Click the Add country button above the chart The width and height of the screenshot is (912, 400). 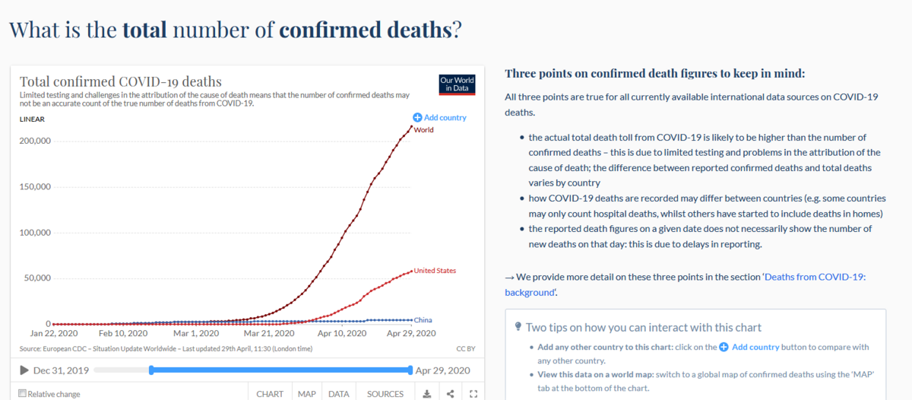tap(440, 118)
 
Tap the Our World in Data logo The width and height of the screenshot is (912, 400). tap(457, 84)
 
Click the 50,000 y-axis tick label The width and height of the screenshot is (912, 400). tap(36, 278)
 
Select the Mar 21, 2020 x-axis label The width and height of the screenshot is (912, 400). tap(269, 333)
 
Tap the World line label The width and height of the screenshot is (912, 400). tap(423, 130)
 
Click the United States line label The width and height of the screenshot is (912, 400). tap(435, 271)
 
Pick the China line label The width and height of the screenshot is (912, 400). tap(423, 320)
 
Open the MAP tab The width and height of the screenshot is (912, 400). tap(307, 394)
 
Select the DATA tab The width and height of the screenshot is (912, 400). tap(339, 394)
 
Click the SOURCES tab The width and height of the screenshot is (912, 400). tap(385, 394)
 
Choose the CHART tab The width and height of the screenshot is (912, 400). tap(270, 394)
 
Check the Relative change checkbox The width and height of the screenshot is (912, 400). tap(22, 394)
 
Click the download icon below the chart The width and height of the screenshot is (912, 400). tap(426, 394)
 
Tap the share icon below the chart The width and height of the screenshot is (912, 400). tap(450, 394)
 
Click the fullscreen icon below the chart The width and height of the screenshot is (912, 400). tap(473, 394)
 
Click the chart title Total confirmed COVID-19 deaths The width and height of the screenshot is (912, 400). tap(120, 81)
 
